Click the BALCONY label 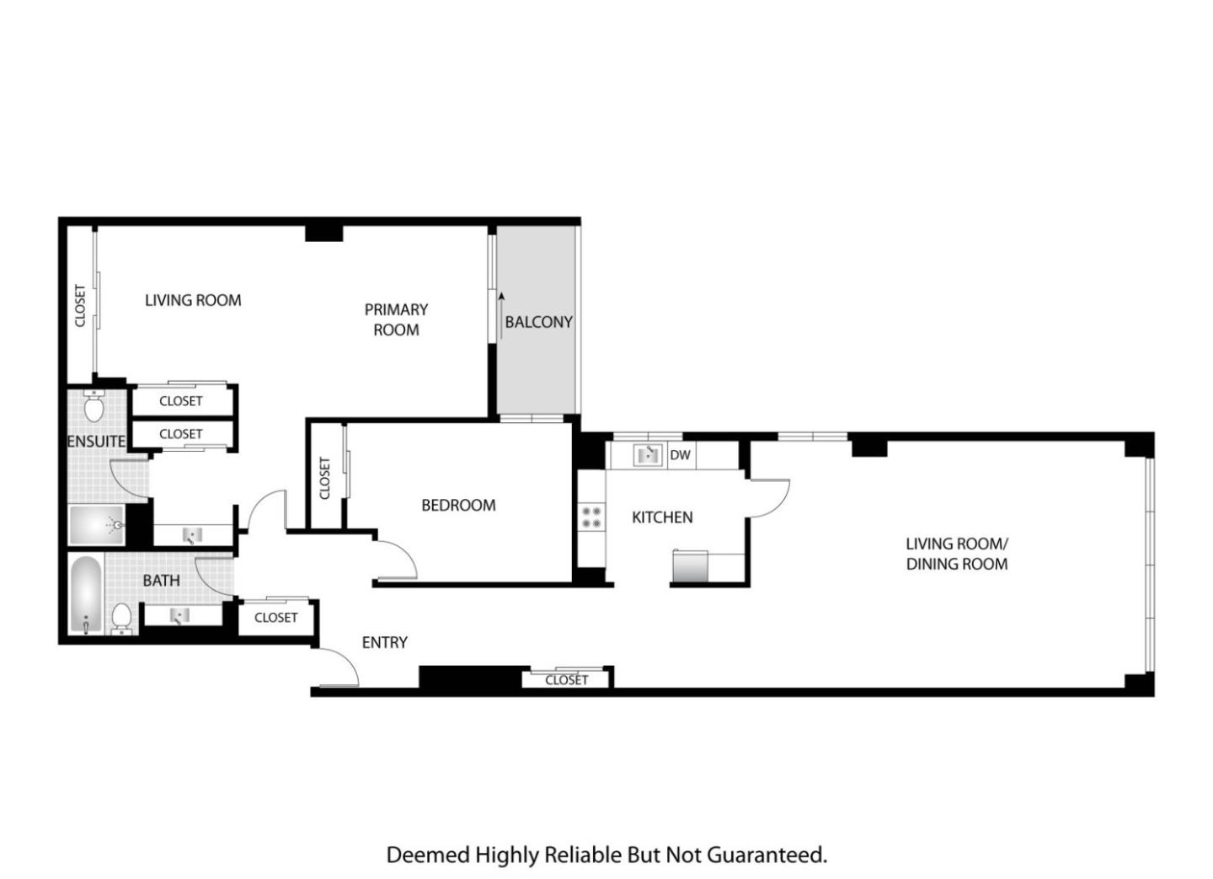pyautogui.click(x=538, y=323)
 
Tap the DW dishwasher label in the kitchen pyautogui.click(x=680, y=455)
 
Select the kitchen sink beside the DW pyautogui.click(x=648, y=455)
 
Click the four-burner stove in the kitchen pyautogui.click(x=590, y=517)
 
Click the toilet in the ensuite pyautogui.click(x=94, y=405)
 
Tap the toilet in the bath pyautogui.click(x=121, y=619)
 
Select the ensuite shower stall pyautogui.click(x=97, y=525)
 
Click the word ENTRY pyautogui.click(x=384, y=643)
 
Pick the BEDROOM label pyautogui.click(x=458, y=506)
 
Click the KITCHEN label pyautogui.click(x=662, y=517)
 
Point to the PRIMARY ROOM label pyautogui.click(x=396, y=319)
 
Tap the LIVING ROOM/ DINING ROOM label pyautogui.click(x=957, y=554)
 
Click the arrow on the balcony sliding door pyautogui.click(x=501, y=316)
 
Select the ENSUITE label pyautogui.click(x=96, y=442)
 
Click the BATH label pyautogui.click(x=162, y=581)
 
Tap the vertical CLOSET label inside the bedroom pyautogui.click(x=324, y=478)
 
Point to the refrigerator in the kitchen pyautogui.click(x=690, y=566)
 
